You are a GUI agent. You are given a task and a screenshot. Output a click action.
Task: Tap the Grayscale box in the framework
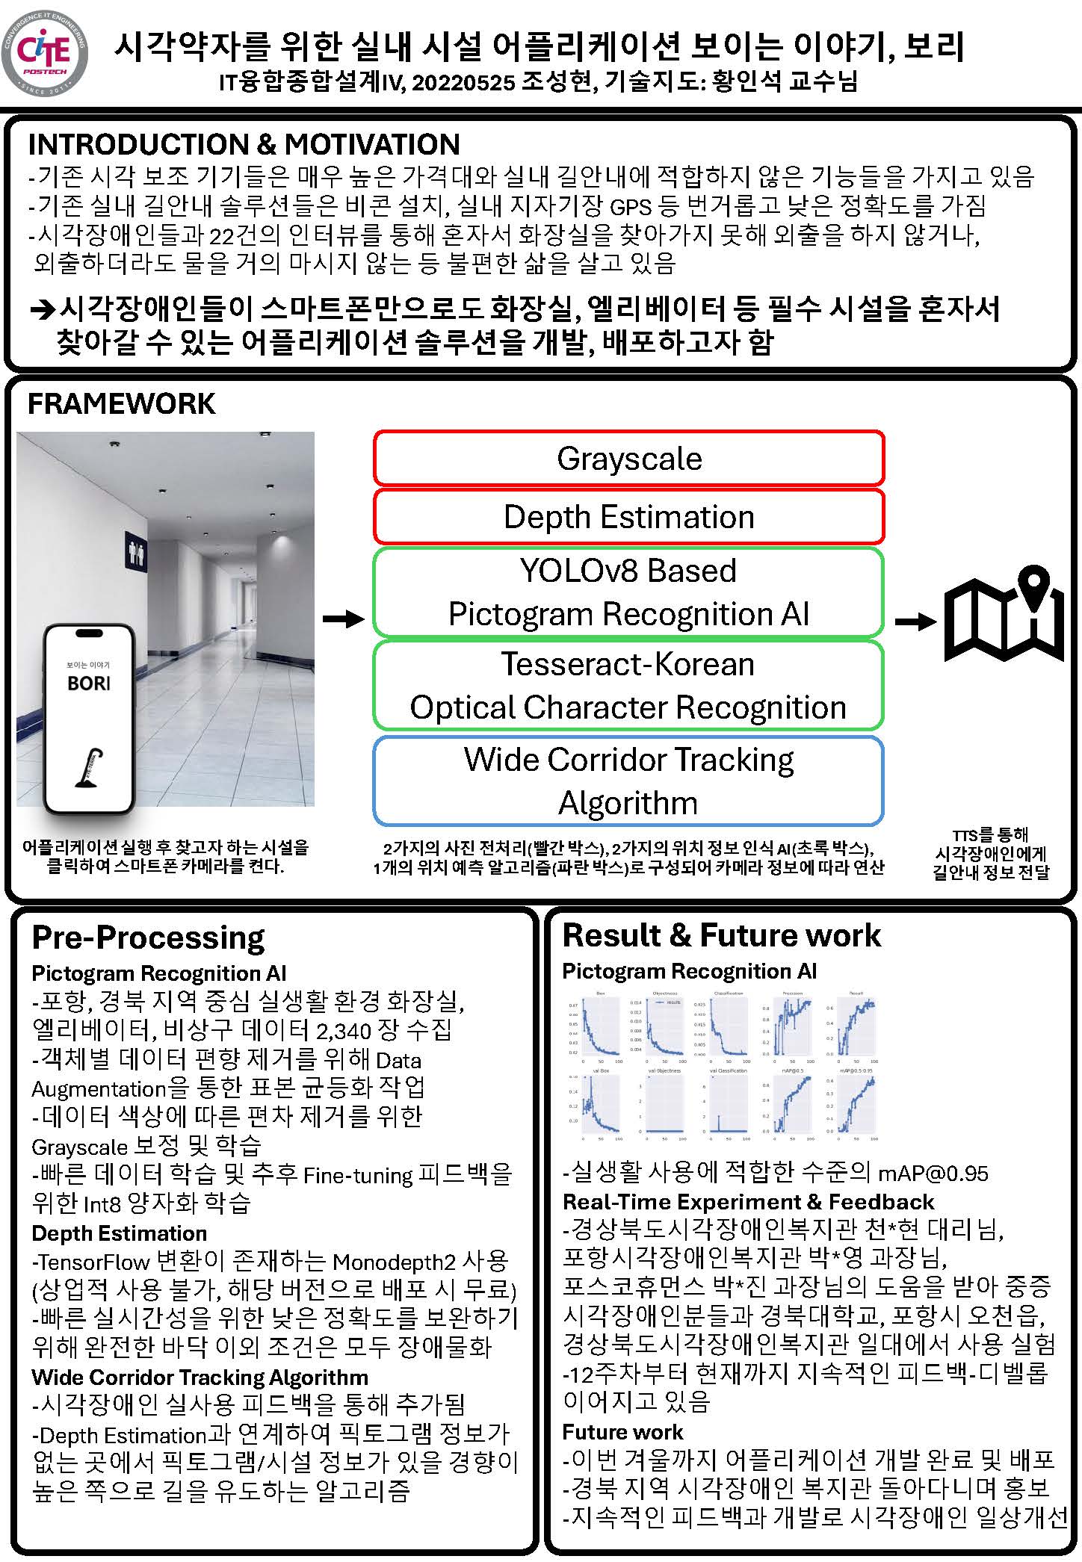coord(628,459)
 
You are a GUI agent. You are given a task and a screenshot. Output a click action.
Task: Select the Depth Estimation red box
coord(628,516)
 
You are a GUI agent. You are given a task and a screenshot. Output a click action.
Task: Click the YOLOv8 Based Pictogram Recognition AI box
coord(628,592)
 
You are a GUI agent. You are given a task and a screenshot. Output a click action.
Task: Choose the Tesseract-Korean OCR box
coord(628,685)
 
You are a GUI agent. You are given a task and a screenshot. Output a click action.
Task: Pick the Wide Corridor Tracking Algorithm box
coord(628,781)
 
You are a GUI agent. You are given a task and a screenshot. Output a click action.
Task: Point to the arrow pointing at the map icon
coord(915,621)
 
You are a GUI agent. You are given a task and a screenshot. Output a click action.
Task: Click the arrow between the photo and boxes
coord(343,619)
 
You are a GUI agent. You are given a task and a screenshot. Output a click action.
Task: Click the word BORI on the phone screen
coord(88,683)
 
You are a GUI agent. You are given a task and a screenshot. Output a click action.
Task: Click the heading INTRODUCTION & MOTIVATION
coord(244,144)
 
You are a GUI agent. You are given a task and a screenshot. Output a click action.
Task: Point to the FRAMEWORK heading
coord(121,403)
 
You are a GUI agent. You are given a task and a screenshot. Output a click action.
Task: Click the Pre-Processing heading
coord(148,937)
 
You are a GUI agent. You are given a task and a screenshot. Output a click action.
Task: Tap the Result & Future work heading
coord(721,935)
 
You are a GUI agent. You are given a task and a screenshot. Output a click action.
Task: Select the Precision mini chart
coord(792,1026)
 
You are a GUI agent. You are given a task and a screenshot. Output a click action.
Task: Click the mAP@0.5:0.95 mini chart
coord(856,1104)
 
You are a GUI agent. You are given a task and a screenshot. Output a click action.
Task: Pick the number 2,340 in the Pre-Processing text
coord(344,1031)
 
